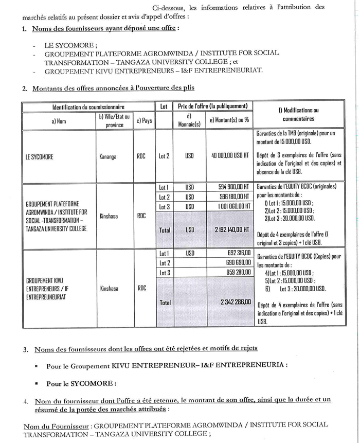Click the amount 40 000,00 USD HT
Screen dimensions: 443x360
tap(229, 155)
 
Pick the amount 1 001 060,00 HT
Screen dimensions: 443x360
tap(230, 206)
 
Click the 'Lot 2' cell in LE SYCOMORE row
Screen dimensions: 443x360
tap(164, 155)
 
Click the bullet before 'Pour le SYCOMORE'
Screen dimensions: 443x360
tap(37, 383)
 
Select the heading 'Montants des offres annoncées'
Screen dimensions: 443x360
tap(113, 88)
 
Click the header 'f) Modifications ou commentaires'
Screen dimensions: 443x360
tap(300, 114)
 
